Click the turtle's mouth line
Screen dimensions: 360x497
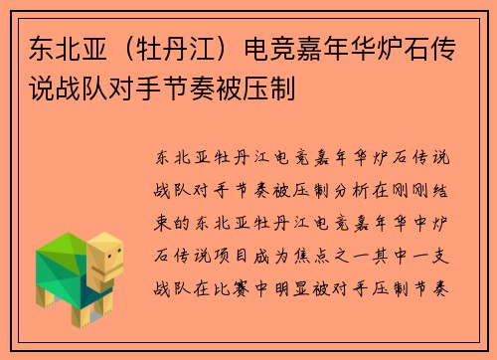[112, 273]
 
